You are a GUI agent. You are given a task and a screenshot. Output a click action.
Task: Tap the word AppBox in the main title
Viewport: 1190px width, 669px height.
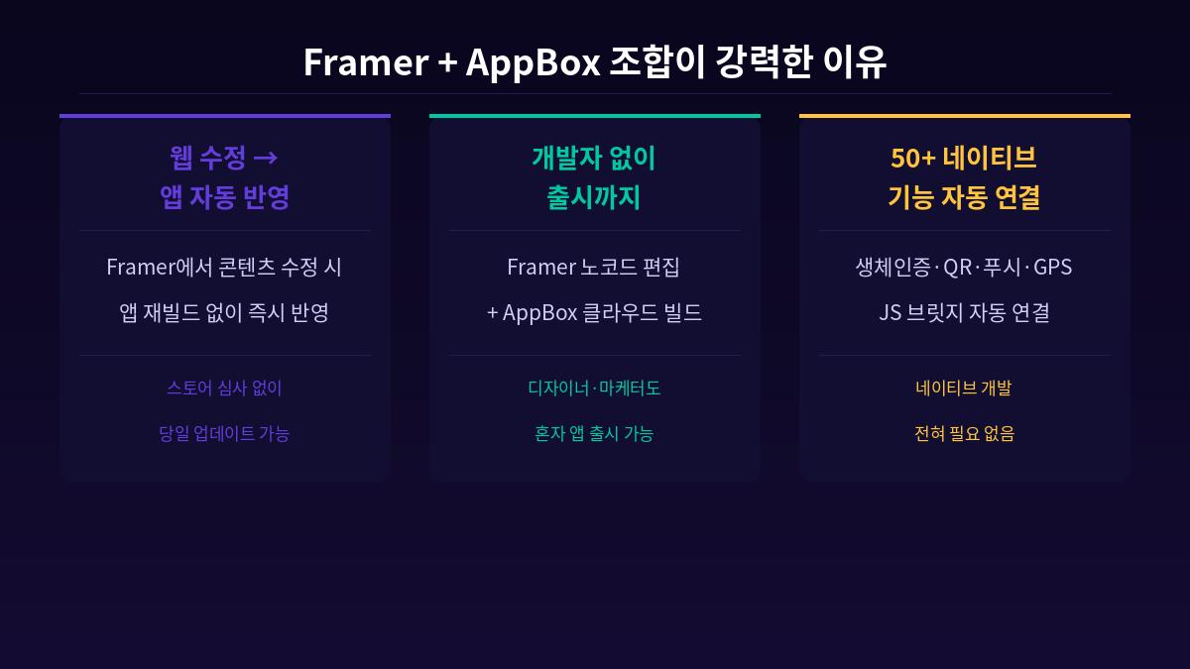pos(533,61)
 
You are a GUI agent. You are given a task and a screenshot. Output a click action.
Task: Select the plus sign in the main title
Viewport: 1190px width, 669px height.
pos(446,62)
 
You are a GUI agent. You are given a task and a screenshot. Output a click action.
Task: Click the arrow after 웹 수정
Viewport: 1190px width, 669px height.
pos(265,157)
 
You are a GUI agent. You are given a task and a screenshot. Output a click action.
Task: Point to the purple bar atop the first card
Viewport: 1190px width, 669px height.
pos(225,116)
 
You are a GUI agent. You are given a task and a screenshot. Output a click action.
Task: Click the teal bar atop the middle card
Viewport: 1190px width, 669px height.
pos(595,116)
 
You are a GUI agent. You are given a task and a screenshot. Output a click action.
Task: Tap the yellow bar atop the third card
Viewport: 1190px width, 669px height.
pos(965,116)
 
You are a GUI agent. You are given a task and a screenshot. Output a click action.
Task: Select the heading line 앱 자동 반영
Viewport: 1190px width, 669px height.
pos(225,197)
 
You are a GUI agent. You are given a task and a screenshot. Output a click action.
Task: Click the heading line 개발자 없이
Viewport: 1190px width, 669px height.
pos(594,157)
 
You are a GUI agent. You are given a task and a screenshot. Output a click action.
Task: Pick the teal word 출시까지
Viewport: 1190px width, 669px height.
pos(594,197)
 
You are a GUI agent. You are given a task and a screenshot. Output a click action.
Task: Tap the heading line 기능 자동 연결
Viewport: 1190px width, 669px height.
pos(964,197)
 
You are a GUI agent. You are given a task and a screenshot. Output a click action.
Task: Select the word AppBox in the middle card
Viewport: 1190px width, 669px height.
pos(539,312)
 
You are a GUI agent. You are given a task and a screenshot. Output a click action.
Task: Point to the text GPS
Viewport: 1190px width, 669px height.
pos(1052,267)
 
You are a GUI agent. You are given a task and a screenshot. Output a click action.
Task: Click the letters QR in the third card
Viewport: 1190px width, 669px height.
pos(957,267)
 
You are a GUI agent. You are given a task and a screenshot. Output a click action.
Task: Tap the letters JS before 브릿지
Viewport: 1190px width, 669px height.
pos(890,312)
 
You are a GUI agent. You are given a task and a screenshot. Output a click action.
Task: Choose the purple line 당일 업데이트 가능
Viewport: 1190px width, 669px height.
pos(224,433)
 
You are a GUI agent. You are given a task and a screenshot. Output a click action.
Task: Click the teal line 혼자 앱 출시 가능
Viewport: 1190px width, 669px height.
pos(594,433)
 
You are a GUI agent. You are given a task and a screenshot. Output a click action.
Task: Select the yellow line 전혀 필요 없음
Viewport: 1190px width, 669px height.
pos(964,433)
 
